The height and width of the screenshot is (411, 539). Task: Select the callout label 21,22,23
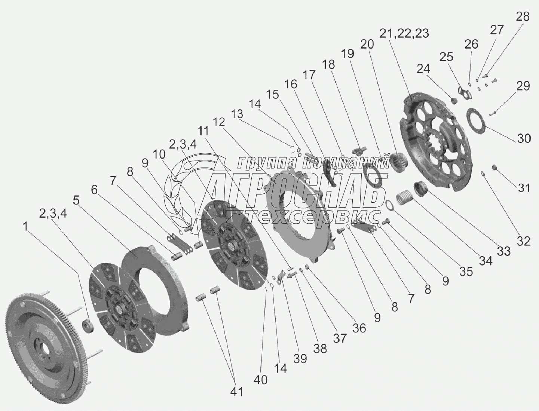tap(404, 33)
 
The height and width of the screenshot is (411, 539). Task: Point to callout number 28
tap(523, 17)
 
